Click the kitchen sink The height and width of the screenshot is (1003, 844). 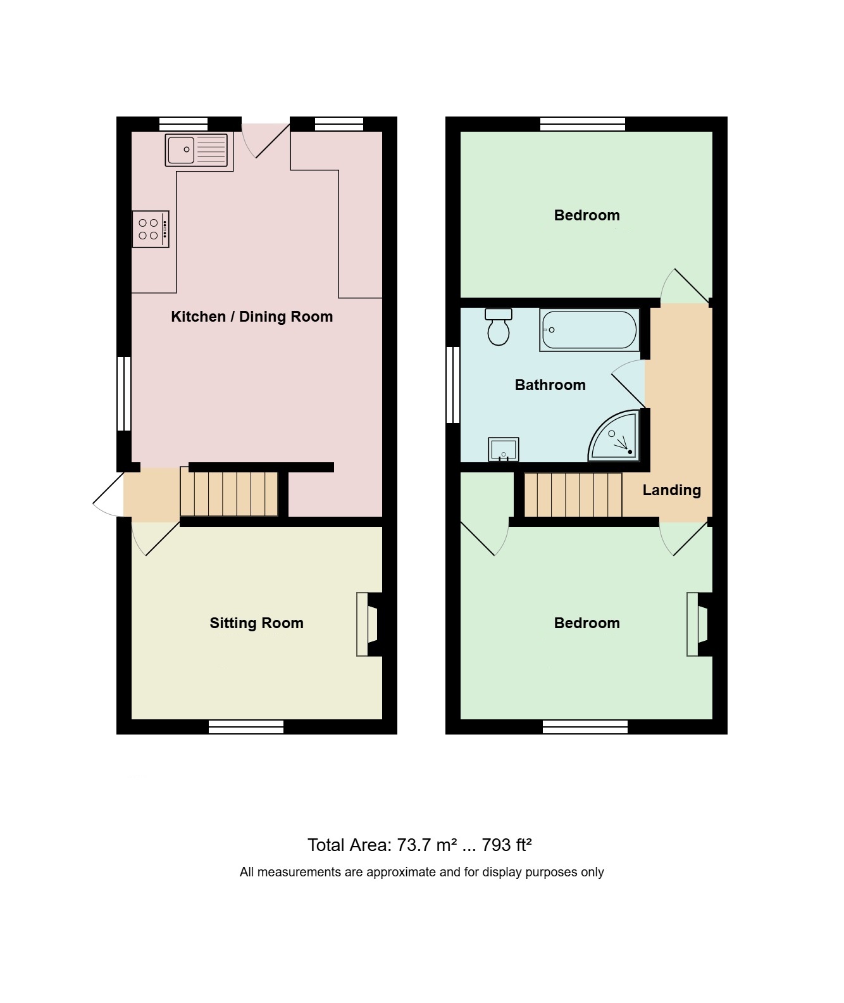196,150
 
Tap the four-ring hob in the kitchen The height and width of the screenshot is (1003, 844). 151,229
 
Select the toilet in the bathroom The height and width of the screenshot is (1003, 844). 499,327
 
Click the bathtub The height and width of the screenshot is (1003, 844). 590,329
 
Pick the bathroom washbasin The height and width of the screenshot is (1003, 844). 503,449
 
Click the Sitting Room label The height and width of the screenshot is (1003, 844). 256,623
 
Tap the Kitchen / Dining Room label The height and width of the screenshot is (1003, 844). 252,317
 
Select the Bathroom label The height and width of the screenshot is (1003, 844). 550,385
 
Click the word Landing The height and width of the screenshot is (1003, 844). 672,490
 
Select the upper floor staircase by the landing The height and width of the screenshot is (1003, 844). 573,495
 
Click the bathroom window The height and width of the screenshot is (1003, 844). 453,385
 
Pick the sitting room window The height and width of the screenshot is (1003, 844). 246,727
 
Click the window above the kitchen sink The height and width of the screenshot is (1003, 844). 183,124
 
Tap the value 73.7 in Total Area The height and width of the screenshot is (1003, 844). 414,845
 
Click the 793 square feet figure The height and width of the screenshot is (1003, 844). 497,845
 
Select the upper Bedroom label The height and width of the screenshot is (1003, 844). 586,215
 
